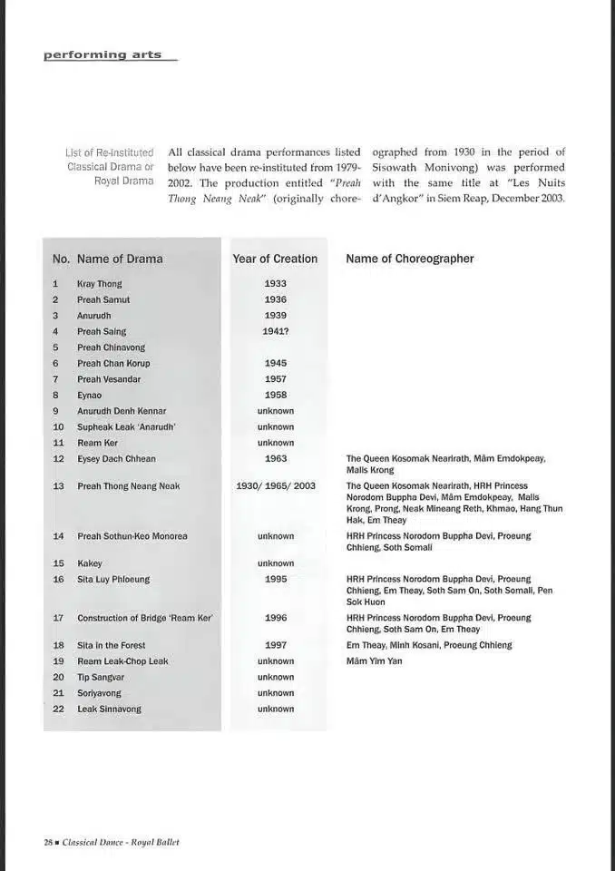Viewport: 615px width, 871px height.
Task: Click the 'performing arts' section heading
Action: [x=102, y=54]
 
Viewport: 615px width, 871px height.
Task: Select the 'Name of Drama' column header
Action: [x=120, y=259]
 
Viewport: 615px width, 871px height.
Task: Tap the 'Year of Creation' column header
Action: [x=275, y=259]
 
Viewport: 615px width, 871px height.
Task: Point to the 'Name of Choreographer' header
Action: [x=410, y=259]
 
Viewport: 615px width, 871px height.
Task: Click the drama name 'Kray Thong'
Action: [x=100, y=284]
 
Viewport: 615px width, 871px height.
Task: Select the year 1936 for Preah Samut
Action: [x=275, y=299]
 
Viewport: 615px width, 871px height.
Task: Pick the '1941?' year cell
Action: [x=275, y=331]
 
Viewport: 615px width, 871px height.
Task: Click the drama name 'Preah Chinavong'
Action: [x=111, y=347]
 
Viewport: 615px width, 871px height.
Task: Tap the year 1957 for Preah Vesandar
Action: [x=275, y=379]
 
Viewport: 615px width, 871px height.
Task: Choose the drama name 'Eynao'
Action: [x=90, y=396]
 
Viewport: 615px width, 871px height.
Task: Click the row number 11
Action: [x=58, y=443]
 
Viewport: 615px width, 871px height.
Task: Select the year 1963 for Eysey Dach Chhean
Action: [x=275, y=459]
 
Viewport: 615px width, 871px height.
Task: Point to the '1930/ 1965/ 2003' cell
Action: [x=276, y=486]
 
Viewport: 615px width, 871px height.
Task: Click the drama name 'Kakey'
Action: [x=90, y=563]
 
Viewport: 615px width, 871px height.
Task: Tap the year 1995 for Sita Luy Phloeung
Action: [x=275, y=579]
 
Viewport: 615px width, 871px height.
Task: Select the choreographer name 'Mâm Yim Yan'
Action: [x=374, y=661]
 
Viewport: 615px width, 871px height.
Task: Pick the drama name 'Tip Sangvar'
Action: [x=101, y=677]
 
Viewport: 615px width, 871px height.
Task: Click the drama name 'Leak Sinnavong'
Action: [x=109, y=709]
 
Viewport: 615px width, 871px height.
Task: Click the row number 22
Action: [x=58, y=709]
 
